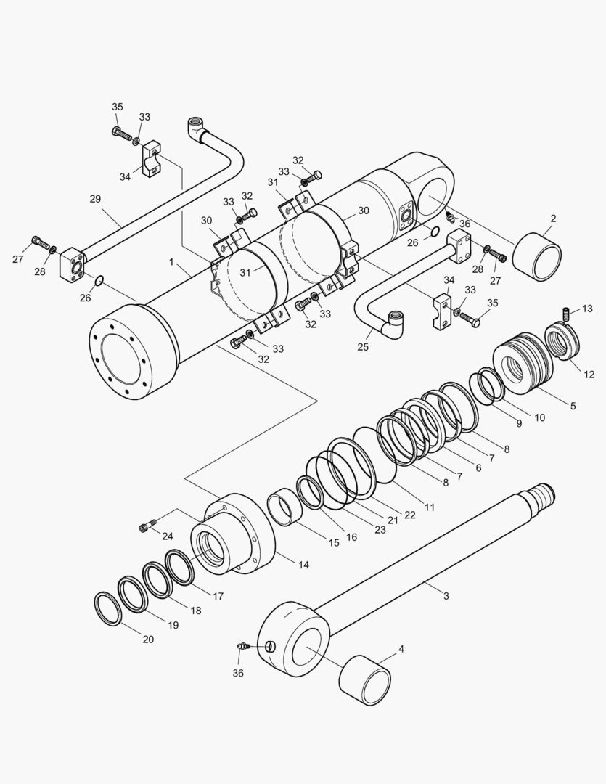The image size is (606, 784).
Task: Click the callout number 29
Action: pos(95,199)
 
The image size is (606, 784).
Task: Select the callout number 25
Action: pos(364,347)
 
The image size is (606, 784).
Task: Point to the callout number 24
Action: pos(168,536)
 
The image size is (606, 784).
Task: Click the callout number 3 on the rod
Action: pos(446,596)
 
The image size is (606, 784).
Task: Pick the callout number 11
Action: pos(430,507)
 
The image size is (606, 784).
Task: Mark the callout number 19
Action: pos(173,625)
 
